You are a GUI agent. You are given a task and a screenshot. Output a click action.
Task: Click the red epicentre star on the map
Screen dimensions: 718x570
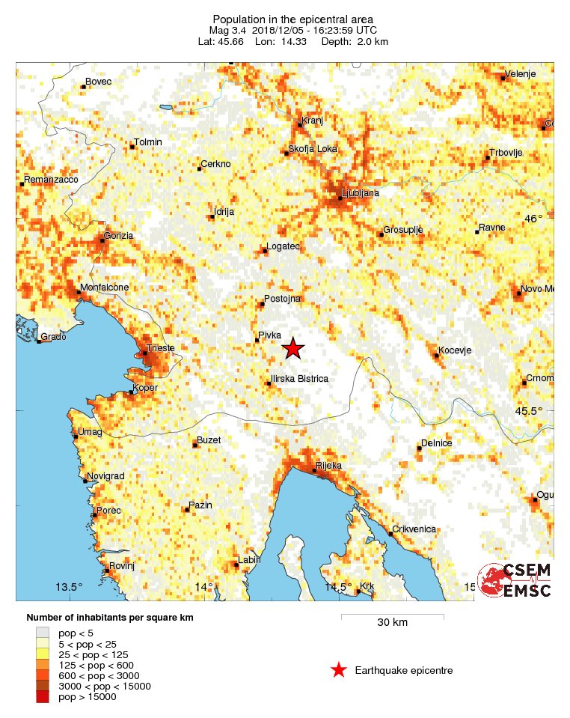pyautogui.click(x=293, y=348)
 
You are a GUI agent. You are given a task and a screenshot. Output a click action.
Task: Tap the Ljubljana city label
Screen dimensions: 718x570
pyautogui.click(x=360, y=192)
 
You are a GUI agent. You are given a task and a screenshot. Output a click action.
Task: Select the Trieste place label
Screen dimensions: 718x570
pyautogui.click(x=161, y=348)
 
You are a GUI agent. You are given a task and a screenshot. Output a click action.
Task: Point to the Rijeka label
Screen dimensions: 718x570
pyautogui.click(x=328, y=466)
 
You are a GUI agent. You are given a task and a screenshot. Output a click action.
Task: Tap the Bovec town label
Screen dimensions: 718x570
pyautogui.click(x=98, y=81)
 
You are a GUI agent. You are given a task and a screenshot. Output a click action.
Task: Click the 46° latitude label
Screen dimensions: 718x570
pyautogui.click(x=533, y=219)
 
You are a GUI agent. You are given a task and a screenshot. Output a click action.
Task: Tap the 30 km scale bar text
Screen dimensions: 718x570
pyautogui.click(x=392, y=623)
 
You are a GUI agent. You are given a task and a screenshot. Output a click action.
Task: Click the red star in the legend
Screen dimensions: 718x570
pyautogui.click(x=339, y=670)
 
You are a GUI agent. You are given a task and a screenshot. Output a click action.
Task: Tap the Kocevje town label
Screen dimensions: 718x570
pyautogui.click(x=455, y=350)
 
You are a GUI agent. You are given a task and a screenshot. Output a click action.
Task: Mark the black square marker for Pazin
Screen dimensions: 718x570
pyautogui.click(x=187, y=510)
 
